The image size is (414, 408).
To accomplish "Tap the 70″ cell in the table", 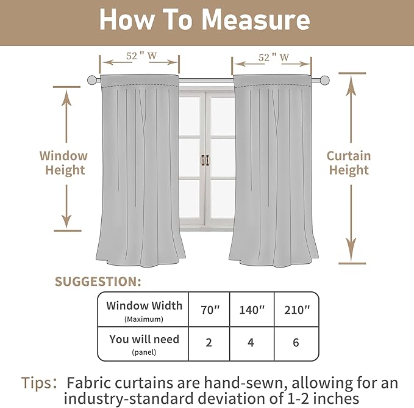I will coord(209,310).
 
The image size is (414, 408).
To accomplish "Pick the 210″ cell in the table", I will coord(296,310).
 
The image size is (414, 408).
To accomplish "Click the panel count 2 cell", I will coord(209,343).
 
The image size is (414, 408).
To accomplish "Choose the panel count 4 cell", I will coord(251,343).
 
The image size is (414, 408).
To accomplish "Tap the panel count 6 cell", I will coord(296,343).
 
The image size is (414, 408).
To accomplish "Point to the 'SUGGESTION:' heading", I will coord(98,282).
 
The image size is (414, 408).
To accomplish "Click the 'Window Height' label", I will coord(64,163).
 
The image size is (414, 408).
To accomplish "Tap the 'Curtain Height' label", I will coord(349,163).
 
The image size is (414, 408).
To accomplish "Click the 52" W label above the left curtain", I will coord(140,57).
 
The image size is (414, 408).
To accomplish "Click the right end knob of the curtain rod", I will coord(324,79).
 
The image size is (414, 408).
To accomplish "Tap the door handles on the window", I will coord(205,160).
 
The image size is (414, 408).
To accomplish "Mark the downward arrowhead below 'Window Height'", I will coord(66,219).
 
